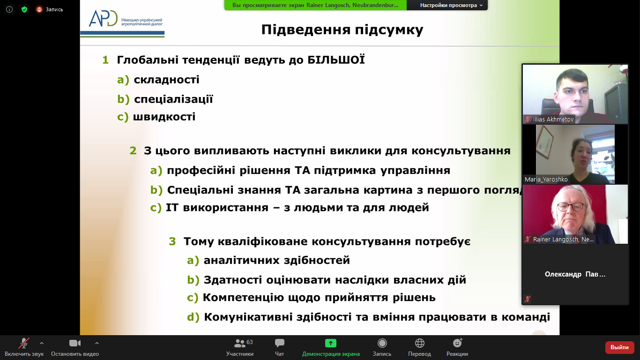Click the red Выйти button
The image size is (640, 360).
[619, 347]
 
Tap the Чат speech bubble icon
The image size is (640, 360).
[279, 343]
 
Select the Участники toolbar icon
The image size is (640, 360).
[240, 343]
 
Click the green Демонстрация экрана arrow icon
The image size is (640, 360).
[331, 343]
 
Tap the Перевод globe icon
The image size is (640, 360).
[419, 343]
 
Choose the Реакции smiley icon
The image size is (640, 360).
[457, 343]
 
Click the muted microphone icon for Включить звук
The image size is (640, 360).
[24, 343]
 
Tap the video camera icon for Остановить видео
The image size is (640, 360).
[75, 343]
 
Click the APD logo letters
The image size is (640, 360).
[103, 19]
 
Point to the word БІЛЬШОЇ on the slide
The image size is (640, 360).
[336, 60]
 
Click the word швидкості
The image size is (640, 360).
[164, 117]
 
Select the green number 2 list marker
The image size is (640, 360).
[133, 150]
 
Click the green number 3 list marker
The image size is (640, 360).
[172, 241]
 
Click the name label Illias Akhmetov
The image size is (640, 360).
[553, 119]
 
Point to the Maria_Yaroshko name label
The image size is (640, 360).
[546, 179]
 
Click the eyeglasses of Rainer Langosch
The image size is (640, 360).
[571, 206]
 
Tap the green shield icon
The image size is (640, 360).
[24, 9]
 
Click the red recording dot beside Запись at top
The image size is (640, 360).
[39, 9]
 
